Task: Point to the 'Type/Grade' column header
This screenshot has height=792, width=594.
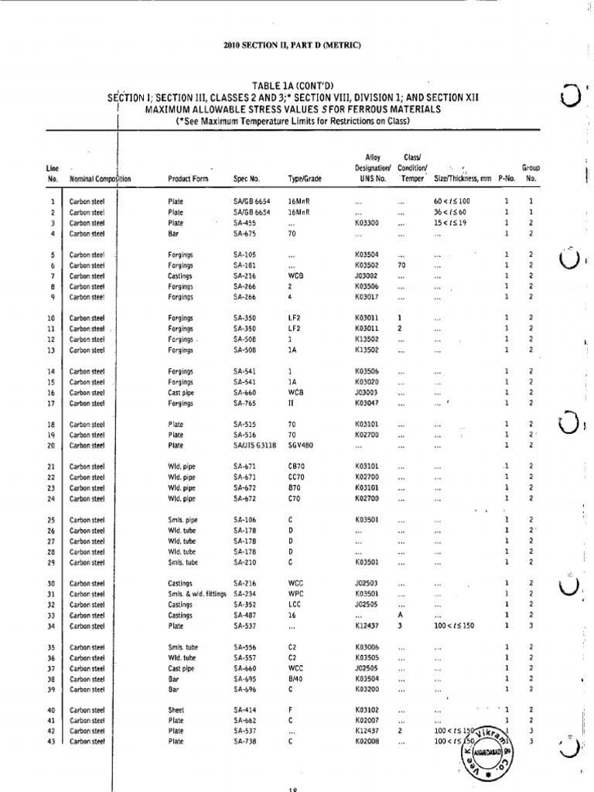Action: coord(304,179)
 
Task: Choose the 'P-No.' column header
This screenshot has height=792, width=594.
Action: coord(507,179)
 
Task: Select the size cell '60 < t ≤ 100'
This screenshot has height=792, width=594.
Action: coord(452,201)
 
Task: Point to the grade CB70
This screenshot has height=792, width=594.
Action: coord(297,466)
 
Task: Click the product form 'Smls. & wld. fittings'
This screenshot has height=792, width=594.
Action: coord(197,594)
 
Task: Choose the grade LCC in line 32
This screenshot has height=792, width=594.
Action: coord(295,605)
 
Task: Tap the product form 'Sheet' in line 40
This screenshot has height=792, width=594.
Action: coord(176,709)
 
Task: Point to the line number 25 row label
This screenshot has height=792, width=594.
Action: coord(53,520)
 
